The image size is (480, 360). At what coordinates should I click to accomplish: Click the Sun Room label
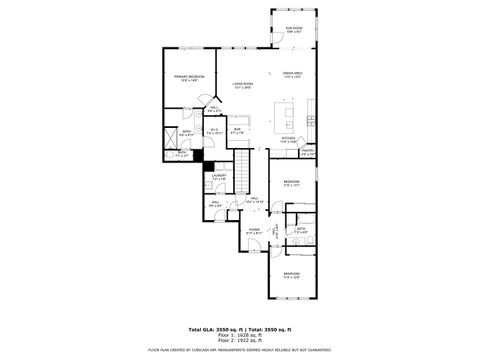[x=292, y=30]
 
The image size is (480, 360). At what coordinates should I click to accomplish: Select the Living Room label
[x=242, y=86]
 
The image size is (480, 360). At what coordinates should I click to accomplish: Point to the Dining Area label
[x=292, y=75]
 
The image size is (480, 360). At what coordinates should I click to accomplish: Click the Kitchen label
[x=288, y=140]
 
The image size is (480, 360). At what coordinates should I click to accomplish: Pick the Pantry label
[x=308, y=153]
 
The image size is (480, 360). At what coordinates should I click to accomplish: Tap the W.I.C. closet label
[x=214, y=130]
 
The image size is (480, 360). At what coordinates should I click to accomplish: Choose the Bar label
[x=238, y=130]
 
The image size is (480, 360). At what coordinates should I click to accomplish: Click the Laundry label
[x=219, y=178]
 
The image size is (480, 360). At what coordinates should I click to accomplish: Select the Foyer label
[x=254, y=231]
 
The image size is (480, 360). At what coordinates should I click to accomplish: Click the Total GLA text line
[x=239, y=328]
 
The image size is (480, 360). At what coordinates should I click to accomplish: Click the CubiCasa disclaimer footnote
[x=239, y=351]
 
